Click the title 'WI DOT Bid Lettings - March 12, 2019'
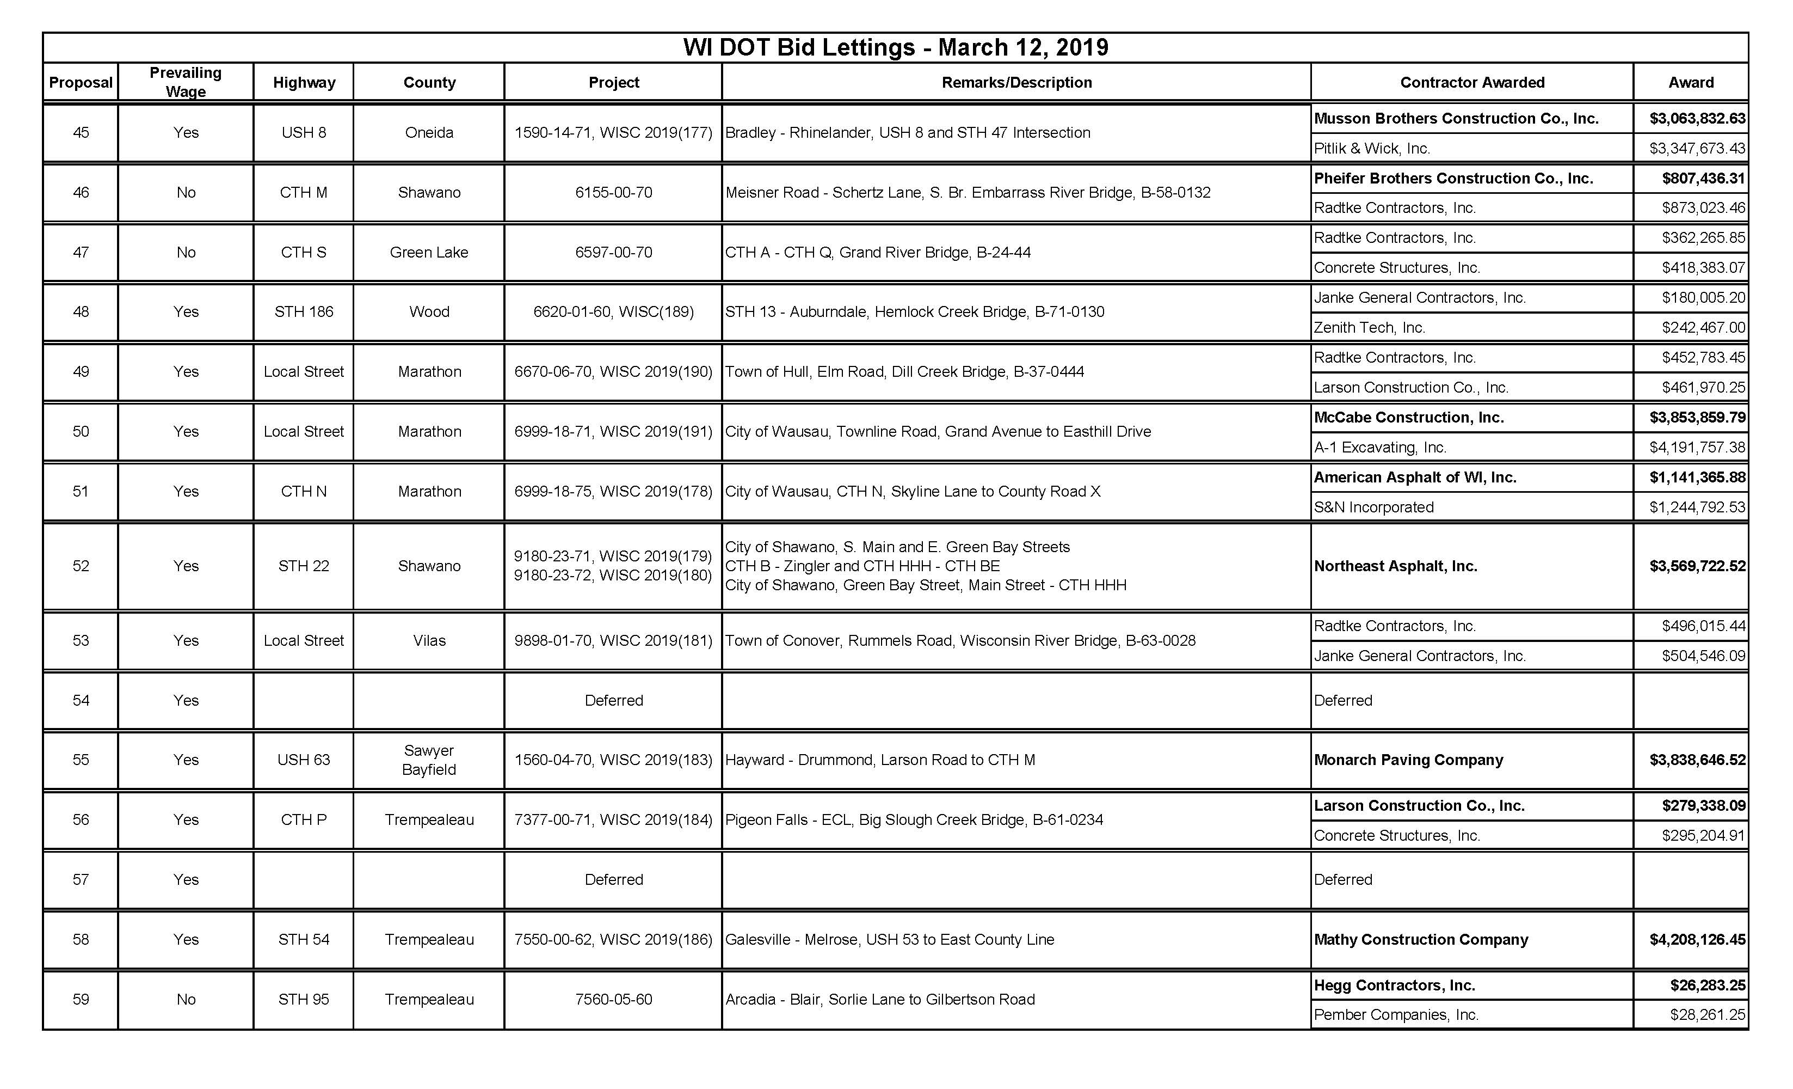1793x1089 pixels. point(895,47)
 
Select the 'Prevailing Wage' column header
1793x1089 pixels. point(186,82)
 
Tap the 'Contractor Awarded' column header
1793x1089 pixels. point(1471,82)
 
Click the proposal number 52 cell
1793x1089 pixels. point(81,566)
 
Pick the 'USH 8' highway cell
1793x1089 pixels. point(304,132)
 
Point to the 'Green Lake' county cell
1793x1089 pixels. point(429,252)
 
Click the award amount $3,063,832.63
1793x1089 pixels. point(1697,118)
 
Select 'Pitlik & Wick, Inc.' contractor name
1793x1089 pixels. point(1372,149)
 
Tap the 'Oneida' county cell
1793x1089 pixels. point(429,132)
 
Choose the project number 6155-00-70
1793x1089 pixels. point(613,192)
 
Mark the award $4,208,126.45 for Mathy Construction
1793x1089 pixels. point(1697,939)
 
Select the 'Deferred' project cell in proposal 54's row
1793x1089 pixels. point(613,700)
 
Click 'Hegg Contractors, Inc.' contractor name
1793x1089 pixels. point(1394,985)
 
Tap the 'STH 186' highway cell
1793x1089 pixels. point(304,311)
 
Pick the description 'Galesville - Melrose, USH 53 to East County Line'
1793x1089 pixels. point(889,939)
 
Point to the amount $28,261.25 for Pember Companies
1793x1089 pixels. point(1707,1015)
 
